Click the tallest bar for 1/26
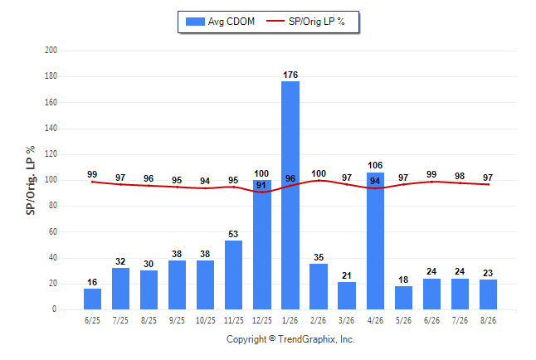(x=290, y=195)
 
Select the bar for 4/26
(x=375, y=241)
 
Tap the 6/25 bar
(x=92, y=299)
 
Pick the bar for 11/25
(x=233, y=275)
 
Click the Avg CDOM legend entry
(x=220, y=22)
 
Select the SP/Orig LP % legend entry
(x=305, y=22)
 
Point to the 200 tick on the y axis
(x=51, y=51)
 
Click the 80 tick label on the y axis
(x=52, y=206)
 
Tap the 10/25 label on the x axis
(x=206, y=320)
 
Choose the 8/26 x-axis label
(x=488, y=320)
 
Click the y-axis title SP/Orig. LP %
(x=31, y=180)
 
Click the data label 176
(x=290, y=75)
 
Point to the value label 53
(x=233, y=234)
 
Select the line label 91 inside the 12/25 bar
(x=261, y=185)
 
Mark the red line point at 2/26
(x=319, y=180)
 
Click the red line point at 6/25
(x=92, y=182)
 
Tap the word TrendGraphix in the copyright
(x=307, y=339)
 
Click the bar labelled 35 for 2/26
(x=319, y=286)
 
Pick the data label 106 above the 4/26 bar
(x=375, y=165)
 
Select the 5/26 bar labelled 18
(x=404, y=298)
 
